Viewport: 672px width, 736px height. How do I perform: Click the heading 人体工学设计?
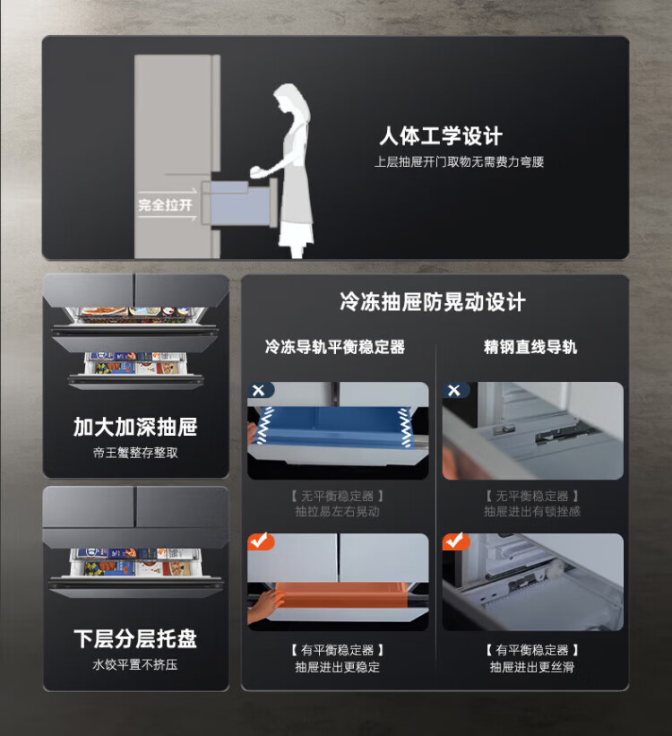[x=441, y=136]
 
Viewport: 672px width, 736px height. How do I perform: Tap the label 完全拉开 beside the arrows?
[x=165, y=205]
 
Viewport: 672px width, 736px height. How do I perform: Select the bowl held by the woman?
[x=258, y=171]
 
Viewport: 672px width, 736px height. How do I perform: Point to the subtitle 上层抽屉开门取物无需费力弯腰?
[x=459, y=162]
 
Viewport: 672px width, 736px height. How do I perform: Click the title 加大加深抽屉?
[x=135, y=427]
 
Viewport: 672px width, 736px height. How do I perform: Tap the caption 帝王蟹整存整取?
[x=135, y=453]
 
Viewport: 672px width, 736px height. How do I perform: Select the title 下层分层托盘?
[x=135, y=639]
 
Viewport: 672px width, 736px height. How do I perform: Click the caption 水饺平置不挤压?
[x=135, y=664]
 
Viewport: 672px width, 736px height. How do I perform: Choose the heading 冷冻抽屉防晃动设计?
[x=433, y=301]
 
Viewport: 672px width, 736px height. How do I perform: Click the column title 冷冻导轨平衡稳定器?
[x=335, y=347]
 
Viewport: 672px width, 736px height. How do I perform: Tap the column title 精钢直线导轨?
[x=530, y=347]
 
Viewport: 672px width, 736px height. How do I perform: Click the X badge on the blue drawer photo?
[x=259, y=390]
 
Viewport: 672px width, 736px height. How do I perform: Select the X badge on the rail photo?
[x=453, y=390]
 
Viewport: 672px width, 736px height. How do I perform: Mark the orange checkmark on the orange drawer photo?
[x=261, y=541]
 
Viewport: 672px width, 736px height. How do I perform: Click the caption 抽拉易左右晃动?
[x=338, y=511]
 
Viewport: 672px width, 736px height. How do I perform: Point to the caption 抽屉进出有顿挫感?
[x=532, y=511]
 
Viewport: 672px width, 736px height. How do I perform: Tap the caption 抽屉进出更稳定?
[x=338, y=667]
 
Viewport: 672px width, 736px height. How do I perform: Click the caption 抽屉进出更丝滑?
[x=532, y=667]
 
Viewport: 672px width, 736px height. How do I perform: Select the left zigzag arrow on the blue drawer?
[x=265, y=425]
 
